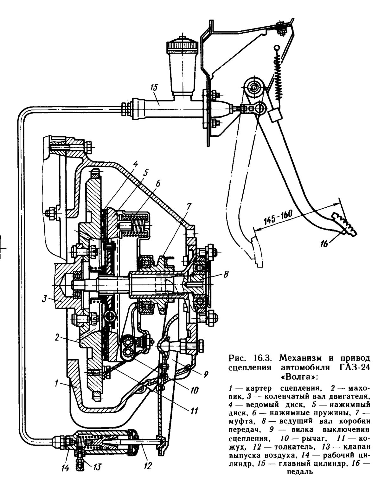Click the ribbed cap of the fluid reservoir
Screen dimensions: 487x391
pos(182,45)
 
